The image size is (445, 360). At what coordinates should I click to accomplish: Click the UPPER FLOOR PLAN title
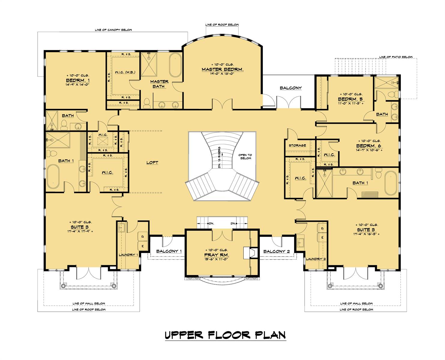click(225, 335)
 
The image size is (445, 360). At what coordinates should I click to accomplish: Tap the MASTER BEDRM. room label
click(222, 69)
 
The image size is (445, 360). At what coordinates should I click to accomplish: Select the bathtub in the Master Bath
click(176, 66)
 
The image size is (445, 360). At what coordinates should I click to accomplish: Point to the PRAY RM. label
click(216, 255)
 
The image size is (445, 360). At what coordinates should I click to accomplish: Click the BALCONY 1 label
click(169, 251)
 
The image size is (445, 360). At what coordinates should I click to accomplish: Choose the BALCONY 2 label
click(276, 251)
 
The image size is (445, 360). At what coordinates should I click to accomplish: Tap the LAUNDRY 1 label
click(128, 255)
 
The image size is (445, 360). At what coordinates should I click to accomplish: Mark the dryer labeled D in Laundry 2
click(322, 229)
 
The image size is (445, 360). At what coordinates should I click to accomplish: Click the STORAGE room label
click(297, 145)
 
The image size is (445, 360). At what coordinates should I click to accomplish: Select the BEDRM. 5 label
click(350, 99)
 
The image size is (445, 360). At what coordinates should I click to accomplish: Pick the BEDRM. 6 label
click(369, 146)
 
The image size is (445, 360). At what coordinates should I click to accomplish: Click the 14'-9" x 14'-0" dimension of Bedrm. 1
click(78, 85)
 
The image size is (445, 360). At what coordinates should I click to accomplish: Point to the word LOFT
click(152, 163)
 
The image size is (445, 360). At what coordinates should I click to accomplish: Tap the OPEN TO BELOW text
click(245, 157)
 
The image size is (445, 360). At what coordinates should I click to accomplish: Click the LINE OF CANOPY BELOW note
click(113, 30)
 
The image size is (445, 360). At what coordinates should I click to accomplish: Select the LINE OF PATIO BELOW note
click(395, 57)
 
